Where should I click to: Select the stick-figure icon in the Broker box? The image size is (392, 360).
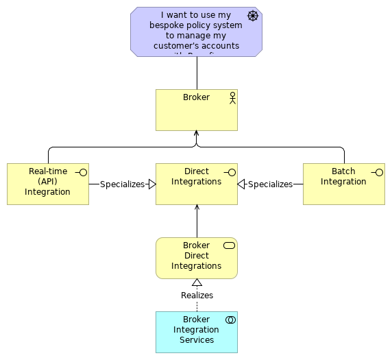click(x=232, y=97)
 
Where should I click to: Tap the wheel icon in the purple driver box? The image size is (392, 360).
click(x=253, y=16)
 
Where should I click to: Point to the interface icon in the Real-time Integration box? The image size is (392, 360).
click(x=82, y=172)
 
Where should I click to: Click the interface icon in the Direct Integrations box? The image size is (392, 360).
click(x=230, y=172)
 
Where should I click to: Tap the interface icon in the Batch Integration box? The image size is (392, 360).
click(x=377, y=172)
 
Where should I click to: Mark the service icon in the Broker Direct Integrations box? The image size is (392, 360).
click(x=230, y=245)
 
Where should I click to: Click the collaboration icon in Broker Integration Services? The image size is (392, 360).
click(x=230, y=320)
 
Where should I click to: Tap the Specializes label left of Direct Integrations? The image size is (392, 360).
click(x=122, y=184)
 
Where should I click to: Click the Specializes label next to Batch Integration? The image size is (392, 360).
click(x=270, y=184)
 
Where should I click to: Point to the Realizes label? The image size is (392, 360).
click(x=197, y=296)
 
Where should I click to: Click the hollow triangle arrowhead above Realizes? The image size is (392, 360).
click(x=197, y=283)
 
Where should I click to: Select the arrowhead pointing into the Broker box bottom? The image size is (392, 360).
click(x=196, y=134)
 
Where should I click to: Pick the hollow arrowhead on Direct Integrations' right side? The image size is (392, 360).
click(x=241, y=184)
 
